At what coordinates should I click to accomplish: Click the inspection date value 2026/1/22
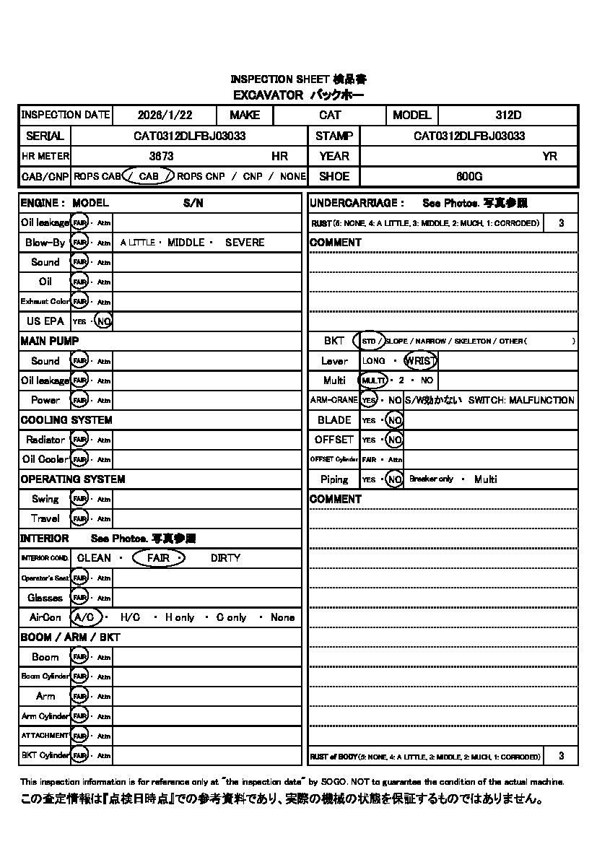[165, 115]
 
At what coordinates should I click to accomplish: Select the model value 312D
[508, 115]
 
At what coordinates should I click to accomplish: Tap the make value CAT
[330, 115]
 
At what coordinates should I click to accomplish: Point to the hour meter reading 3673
[161, 156]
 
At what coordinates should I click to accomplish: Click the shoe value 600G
[469, 176]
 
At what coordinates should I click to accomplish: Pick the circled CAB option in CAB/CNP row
[149, 176]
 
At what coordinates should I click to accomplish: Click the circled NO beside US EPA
[104, 321]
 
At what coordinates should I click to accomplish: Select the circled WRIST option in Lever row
[421, 361]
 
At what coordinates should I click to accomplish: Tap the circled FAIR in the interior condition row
[159, 558]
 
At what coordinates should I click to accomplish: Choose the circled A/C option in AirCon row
[84, 617]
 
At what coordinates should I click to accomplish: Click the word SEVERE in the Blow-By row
[245, 243]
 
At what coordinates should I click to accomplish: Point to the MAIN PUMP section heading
[50, 341]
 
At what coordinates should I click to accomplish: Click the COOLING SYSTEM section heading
[66, 420]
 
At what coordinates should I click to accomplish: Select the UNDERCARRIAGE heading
[357, 204]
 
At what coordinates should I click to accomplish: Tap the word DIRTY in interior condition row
[225, 558]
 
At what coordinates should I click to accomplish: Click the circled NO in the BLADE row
[394, 420]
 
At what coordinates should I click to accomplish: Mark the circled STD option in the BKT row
[370, 341]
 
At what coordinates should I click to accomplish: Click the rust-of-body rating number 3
[562, 756]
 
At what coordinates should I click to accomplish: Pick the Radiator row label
[45, 440]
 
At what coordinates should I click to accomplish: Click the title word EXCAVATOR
[268, 95]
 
